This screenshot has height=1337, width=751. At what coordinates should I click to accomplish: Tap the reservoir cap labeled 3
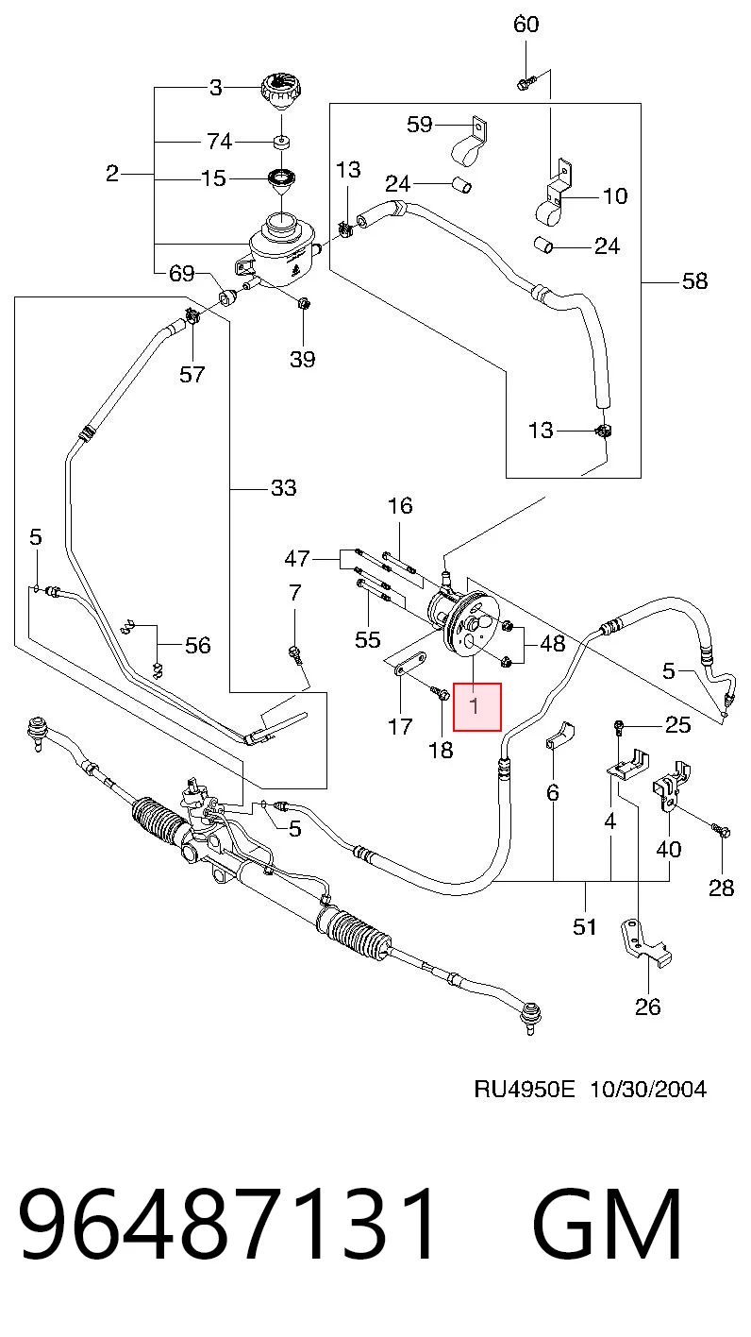(281, 92)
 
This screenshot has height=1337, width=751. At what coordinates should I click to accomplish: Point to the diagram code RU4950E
(525, 1090)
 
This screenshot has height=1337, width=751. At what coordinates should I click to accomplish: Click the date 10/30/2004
(648, 1090)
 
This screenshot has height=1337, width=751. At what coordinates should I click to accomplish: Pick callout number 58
(694, 280)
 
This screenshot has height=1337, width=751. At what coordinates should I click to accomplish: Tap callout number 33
(283, 487)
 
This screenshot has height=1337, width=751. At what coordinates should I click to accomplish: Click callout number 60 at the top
(526, 24)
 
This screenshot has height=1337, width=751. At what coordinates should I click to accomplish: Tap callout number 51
(585, 926)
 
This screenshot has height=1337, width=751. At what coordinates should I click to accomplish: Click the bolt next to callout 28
(721, 829)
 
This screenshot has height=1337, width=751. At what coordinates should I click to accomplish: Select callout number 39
(303, 359)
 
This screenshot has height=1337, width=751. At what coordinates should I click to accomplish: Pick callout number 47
(297, 559)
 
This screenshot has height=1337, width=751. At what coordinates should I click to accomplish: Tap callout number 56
(197, 645)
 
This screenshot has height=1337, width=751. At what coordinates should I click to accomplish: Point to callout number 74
(219, 142)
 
